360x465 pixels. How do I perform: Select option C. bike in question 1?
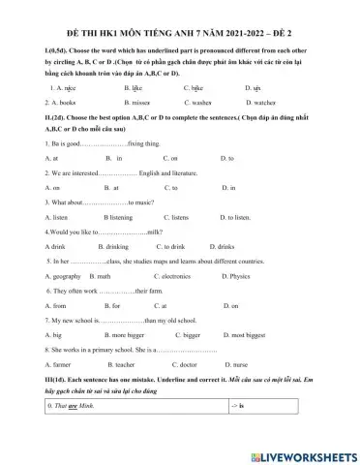click(197, 87)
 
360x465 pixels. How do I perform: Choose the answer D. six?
click(254, 87)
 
